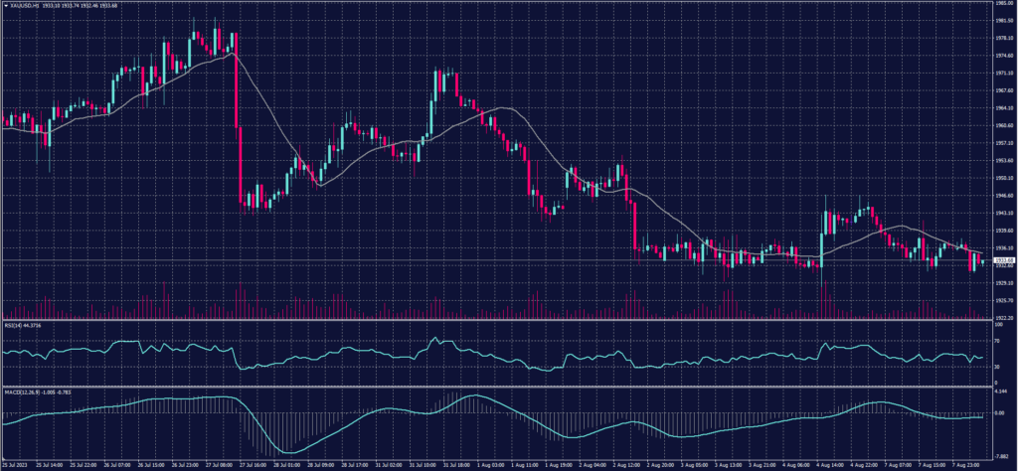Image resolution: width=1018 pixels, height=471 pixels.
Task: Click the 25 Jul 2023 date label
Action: coord(15,464)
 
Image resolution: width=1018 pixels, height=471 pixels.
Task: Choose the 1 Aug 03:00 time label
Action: coord(491,464)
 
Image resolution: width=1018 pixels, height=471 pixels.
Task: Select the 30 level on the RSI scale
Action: coord(996,366)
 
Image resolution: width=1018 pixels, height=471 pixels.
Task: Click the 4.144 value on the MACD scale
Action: coord(1001,394)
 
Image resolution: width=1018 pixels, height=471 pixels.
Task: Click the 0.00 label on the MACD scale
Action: coord(999,412)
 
